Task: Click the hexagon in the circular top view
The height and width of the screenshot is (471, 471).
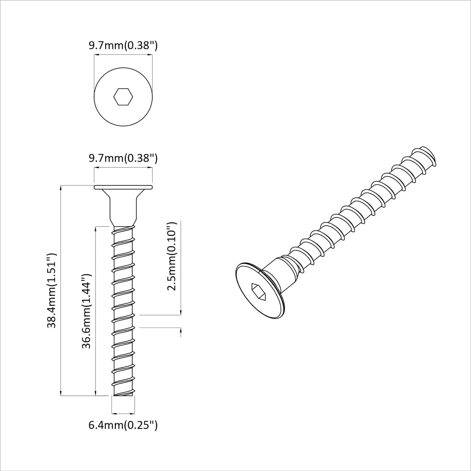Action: [x=123, y=97]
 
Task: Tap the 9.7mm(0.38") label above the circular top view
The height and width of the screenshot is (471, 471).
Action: [x=123, y=46]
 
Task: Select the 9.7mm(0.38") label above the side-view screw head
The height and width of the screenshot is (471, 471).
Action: [x=123, y=158]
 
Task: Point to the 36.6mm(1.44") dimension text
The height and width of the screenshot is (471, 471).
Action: [x=86, y=311]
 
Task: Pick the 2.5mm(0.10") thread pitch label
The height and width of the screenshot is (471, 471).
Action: [x=171, y=256]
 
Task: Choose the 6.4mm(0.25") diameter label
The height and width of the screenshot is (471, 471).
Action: [x=123, y=425]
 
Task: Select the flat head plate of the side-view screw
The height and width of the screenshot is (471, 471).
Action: [x=123, y=187]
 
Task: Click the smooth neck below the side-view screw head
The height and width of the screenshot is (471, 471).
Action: [x=123, y=210]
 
